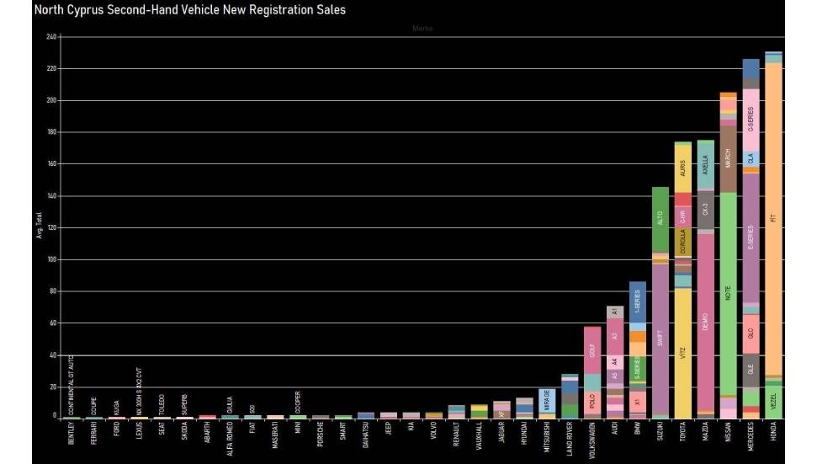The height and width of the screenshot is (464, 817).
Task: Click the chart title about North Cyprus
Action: tap(189, 10)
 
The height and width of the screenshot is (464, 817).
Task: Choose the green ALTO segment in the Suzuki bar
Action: tap(660, 219)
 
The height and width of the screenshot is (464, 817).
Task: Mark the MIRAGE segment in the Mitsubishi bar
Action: tap(547, 400)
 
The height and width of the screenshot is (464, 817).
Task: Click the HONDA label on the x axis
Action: tap(773, 435)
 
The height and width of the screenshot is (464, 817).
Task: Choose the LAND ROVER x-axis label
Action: tap(570, 440)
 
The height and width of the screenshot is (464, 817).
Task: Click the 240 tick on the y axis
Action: tap(50, 37)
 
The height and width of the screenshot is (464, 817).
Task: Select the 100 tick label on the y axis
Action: tap(50, 259)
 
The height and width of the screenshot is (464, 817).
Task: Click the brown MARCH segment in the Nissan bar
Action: tap(728, 157)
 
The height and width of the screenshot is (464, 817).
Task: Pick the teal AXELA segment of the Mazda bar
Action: tap(705, 164)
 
